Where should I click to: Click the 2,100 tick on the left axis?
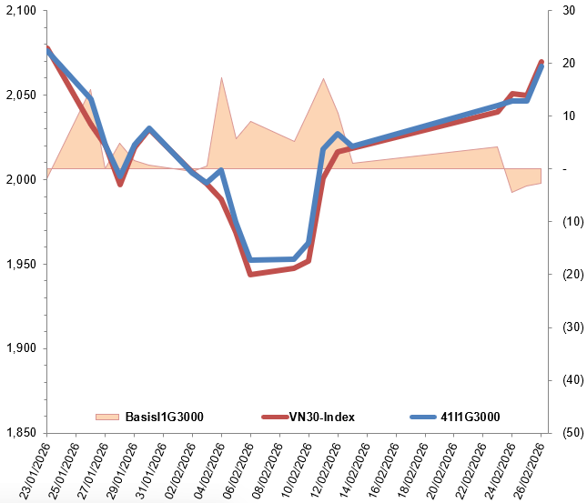tap(19, 11)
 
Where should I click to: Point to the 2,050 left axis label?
tap(19, 96)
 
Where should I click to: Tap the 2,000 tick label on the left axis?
tap(19, 180)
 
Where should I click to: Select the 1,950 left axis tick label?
tap(19, 265)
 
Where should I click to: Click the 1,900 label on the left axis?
tap(19, 349)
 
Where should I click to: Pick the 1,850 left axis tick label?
tap(19, 433)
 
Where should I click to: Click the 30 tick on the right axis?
tap(569, 11)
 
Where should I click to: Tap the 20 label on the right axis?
tap(569, 64)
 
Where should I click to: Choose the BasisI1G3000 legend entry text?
tap(164, 417)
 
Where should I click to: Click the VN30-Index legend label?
tap(321, 417)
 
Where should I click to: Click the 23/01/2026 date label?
tap(34, 469)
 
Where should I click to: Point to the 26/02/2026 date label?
tap(529, 469)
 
